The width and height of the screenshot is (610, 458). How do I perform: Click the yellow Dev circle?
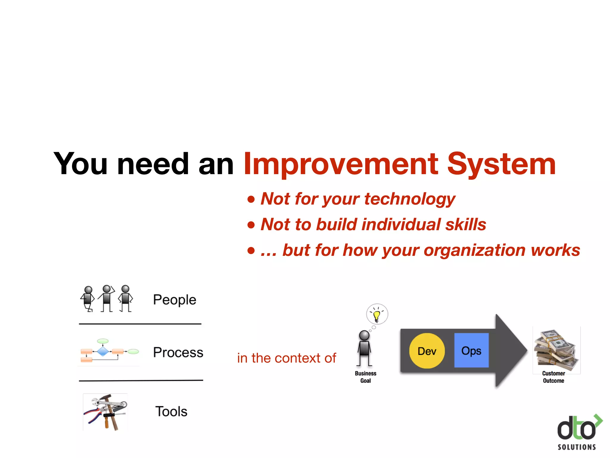click(427, 351)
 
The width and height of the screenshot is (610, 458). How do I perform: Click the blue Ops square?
click(471, 350)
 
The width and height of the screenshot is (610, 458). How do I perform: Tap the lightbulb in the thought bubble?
click(377, 315)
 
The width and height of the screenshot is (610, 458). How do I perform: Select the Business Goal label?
click(365, 377)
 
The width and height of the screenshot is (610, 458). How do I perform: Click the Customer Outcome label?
click(553, 377)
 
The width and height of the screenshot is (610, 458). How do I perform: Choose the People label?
click(175, 300)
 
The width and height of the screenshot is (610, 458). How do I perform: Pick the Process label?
click(178, 352)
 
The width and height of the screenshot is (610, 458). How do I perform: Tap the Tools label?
click(171, 411)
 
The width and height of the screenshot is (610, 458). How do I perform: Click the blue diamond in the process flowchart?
click(103, 352)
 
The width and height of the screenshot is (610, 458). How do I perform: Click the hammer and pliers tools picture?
click(105, 412)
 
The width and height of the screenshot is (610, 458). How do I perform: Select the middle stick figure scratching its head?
click(107, 298)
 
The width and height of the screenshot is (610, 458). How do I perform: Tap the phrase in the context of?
click(287, 358)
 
